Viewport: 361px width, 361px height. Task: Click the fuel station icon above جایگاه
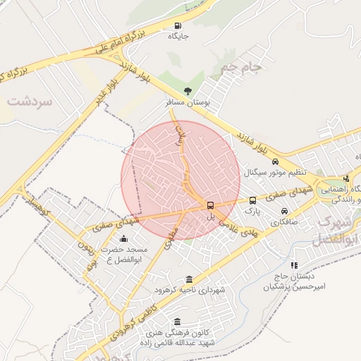pyautogui.click(x=177, y=27)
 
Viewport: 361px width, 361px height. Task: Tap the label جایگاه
pyautogui.click(x=177, y=37)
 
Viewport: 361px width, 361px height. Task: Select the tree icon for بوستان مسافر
pyautogui.click(x=187, y=91)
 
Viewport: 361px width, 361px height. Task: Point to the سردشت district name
pyautogui.click(x=30, y=102)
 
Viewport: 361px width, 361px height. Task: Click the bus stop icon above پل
pyautogui.click(x=210, y=205)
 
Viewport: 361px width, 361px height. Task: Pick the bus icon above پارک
pyautogui.click(x=252, y=200)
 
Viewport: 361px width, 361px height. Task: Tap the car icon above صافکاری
pyautogui.click(x=284, y=211)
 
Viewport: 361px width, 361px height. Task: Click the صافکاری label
pyautogui.click(x=284, y=221)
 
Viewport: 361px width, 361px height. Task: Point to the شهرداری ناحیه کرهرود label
pyautogui.click(x=188, y=290)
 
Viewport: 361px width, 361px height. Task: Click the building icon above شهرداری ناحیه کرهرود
pyautogui.click(x=188, y=279)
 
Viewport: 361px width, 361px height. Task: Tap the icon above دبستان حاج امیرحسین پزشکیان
pyautogui.click(x=293, y=265)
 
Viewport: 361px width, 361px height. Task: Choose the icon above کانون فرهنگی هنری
pyautogui.click(x=176, y=322)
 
